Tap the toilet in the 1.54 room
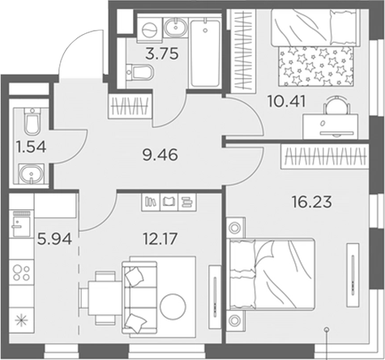31,123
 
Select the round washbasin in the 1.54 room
31,174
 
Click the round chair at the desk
332,103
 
